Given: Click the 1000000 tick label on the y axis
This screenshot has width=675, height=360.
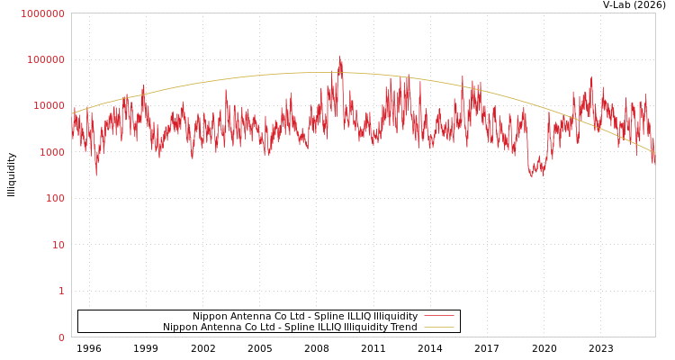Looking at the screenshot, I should click(43, 13).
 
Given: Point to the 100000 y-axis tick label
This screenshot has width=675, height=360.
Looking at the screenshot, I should click(46, 59).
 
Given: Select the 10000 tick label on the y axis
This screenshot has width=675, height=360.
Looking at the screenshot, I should click(49, 106).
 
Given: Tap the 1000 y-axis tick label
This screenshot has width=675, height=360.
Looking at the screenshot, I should click(51, 152).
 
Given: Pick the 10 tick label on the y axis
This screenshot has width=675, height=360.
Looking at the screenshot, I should click(58, 245).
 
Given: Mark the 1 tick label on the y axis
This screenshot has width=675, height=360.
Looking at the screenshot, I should click(61, 291).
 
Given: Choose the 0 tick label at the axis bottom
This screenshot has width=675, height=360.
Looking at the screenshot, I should click(61, 337).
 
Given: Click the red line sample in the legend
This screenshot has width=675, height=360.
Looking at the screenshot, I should click(438, 317).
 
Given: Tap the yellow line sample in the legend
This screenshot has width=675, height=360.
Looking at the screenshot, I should click(438, 328).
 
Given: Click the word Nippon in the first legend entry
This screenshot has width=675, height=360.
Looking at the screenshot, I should click(210, 317).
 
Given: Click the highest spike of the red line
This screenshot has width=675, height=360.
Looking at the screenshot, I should click(340, 57).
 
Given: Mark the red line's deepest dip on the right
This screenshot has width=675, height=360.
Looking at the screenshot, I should click(531, 176).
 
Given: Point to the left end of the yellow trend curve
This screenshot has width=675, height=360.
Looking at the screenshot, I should click(72, 114).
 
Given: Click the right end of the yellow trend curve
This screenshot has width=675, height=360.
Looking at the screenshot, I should click(654, 151).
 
